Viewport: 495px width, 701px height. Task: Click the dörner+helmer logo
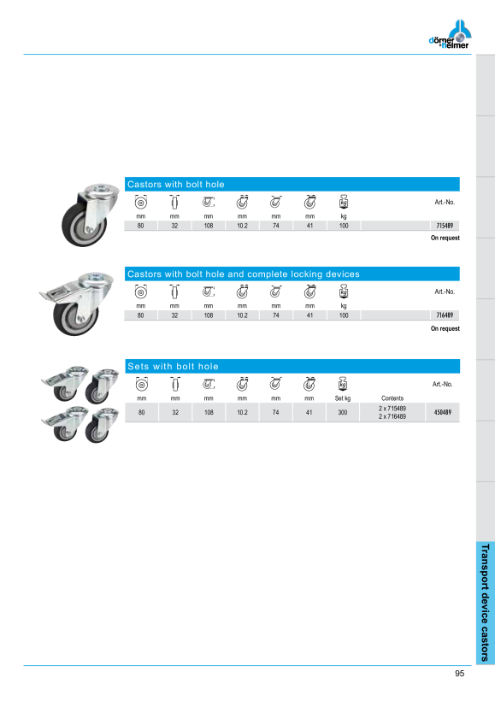(450, 34)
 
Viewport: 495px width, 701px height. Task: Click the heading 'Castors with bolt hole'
(176, 184)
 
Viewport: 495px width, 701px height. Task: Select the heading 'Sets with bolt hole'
(173, 366)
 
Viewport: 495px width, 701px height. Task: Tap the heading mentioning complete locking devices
(244, 274)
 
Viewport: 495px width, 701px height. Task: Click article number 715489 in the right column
(445, 226)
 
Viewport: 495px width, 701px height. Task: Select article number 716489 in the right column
(445, 315)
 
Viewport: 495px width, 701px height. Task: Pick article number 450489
(442, 412)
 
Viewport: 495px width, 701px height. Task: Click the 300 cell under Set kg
(343, 412)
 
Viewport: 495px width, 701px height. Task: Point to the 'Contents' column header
(392, 398)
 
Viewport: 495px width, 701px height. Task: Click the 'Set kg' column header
(343, 398)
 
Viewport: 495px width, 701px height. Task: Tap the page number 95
(460, 674)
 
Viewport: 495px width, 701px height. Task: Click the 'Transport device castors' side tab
(485, 603)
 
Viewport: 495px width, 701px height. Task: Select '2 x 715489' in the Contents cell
(392, 408)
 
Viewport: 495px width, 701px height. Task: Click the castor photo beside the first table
(91, 214)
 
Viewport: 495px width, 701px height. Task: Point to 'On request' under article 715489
(445, 238)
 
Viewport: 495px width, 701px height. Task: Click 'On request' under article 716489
(445, 328)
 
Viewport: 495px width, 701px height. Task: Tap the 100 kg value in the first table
(344, 226)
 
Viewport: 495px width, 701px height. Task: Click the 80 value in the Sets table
(141, 412)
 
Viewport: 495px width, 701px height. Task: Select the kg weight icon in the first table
(344, 202)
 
